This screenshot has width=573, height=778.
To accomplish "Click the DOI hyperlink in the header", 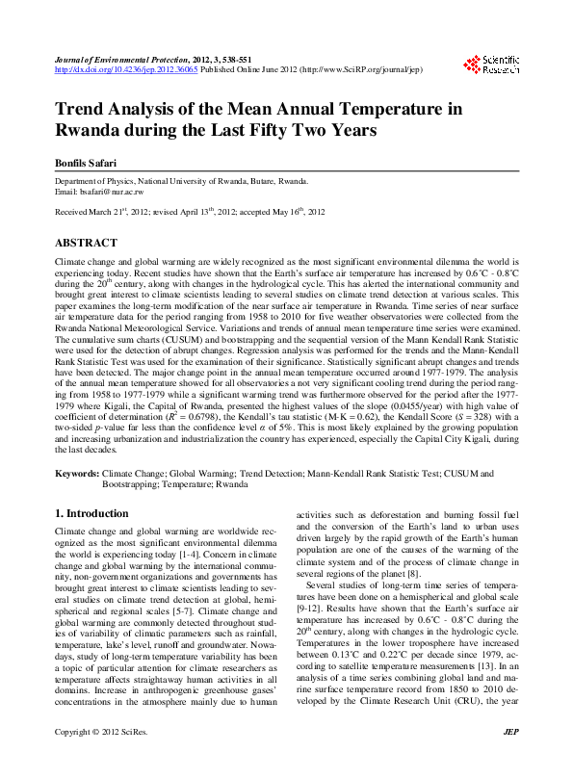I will pyautogui.click(x=126, y=70).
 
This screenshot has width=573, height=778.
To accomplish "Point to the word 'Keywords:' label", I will pyautogui.click(x=77, y=474).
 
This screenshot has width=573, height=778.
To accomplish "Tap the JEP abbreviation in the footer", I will pyautogui.click(x=511, y=758).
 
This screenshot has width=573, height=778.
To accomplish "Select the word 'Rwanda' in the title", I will pyautogui.click(x=88, y=130).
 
